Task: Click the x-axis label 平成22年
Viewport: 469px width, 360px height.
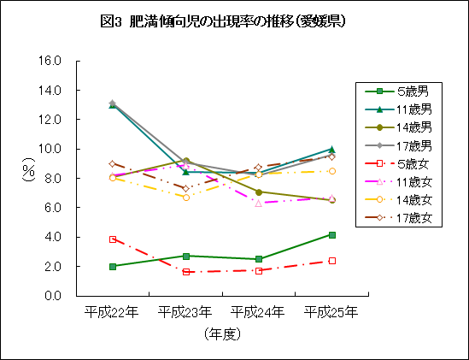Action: click(x=112, y=313)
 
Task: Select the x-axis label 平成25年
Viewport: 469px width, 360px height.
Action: click(x=331, y=313)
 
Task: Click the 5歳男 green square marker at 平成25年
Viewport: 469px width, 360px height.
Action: click(x=331, y=234)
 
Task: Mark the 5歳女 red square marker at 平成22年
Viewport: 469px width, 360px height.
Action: click(x=112, y=239)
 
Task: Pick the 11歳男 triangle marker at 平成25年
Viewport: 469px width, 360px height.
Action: click(x=331, y=149)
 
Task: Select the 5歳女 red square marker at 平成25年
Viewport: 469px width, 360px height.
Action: click(x=331, y=261)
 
